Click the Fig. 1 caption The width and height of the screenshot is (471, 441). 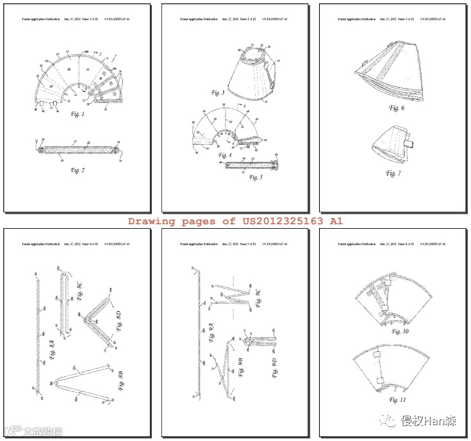[77, 115]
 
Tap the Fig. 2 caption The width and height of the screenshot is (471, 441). [77, 170]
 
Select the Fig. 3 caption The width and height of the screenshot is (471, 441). [218, 93]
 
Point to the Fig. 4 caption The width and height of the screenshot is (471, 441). [225, 155]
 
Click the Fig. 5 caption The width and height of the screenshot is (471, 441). [256, 177]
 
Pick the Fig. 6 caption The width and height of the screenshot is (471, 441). [396, 108]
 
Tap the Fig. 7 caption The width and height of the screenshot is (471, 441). [393, 173]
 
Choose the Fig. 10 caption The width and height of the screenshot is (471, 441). [400, 331]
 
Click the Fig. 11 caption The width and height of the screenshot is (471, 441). [398, 400]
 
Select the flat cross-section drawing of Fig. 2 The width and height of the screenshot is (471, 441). [77, 148]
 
